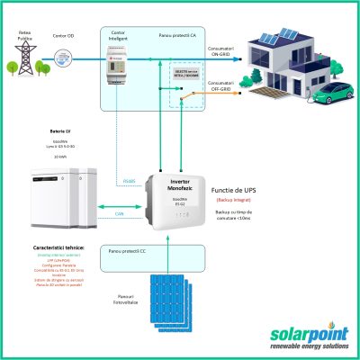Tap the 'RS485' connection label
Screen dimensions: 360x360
point(129,181)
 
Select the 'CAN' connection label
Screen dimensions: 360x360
point(120,213)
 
